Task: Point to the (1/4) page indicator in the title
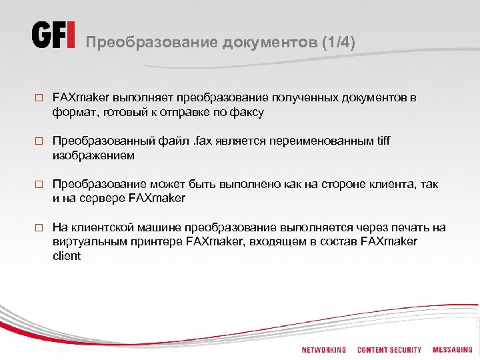(338, 43)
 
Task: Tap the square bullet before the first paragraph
(39, 99)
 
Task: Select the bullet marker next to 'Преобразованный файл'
(39, 142)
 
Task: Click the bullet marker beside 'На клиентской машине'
(39, 228)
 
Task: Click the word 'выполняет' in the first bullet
(137, 98)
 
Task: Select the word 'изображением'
(93, 155)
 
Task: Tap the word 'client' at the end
(67, 255)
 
